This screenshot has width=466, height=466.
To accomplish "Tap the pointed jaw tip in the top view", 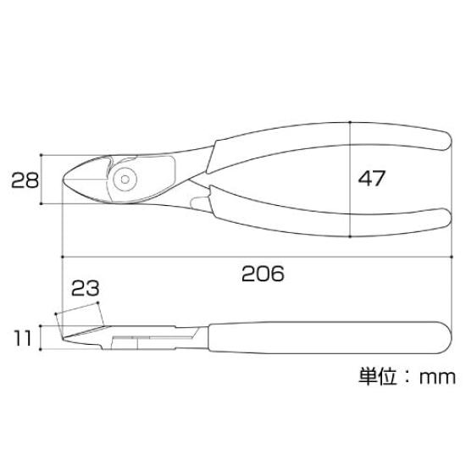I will pyautogui.click(x=68, y=178).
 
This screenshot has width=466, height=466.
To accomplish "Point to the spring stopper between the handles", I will pyautogui.click(x=199, y=201).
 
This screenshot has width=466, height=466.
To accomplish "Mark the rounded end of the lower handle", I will pyautogui.click(x=444, y=216).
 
